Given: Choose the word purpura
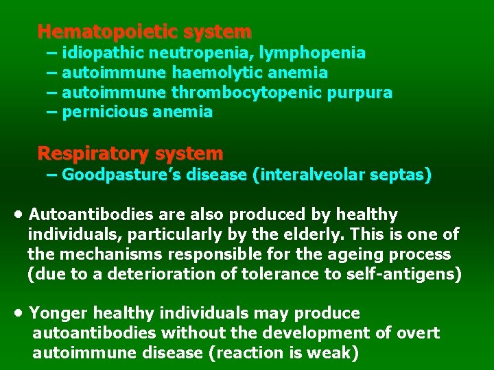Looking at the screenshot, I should coord(365,92).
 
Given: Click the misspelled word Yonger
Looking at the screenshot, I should coord(58,313).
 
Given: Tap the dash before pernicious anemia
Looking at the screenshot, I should coord(51,111).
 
